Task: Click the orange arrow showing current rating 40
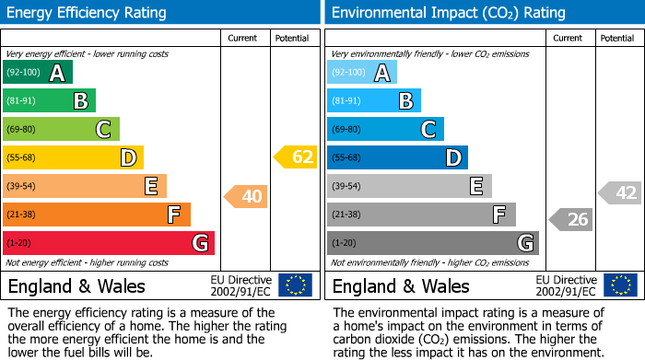pyautogui.click(x=244, y=196)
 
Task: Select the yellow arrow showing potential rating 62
pyautogui.click(x=295, y=157)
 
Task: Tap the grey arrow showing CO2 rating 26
pyautogui.click(x=570, y=219)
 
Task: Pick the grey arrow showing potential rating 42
pyautogui.click(x=619, y=192)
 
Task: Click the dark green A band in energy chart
pyautogui.click(x=37, y=72)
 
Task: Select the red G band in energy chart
pyautogui.click(x=108, y=243)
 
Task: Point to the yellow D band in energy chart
pyautogui.click(x=73, y=157)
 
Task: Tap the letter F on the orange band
pyautogui.click(x=173, y=215)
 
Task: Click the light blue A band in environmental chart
pyautogui.click(x=362, y=72)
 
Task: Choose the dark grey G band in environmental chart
pyautogui.click(x=432, y=243)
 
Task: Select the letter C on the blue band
pyautogui.click(x=428, y=130)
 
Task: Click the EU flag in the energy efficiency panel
pyautogui.click(x=295, y=285)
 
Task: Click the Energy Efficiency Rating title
pyautogui.click(x=88, y=13)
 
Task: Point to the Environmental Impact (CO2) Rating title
pyautogui.click(x=448, y=13)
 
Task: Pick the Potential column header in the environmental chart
pyautogui.click(x=617, y=38)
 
